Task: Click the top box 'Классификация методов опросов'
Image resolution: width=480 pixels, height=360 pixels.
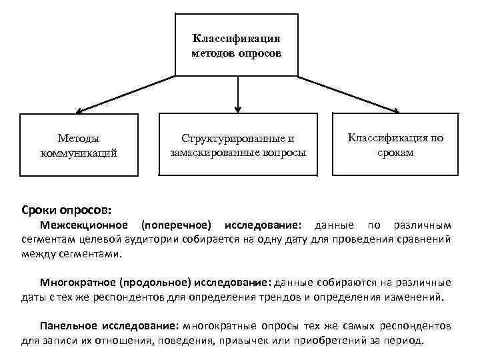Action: pos(236,44)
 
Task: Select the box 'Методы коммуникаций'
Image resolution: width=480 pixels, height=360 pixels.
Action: pos(79,145)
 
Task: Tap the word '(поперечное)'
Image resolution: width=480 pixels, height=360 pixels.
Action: pos(177,225)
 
